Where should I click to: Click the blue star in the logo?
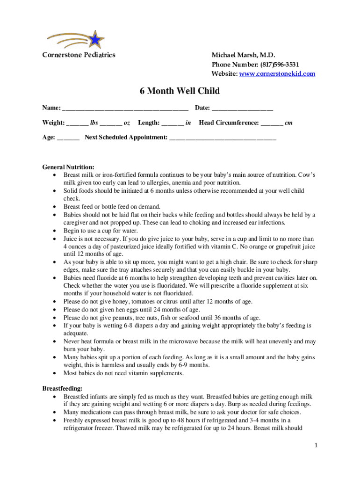pos(95,40)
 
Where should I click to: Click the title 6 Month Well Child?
pos(180,91)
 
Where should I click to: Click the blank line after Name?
pos(125,109)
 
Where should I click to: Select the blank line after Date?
pos(242,109)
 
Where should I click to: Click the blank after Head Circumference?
pos(272,123)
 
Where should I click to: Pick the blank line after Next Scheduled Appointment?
pos(223,138)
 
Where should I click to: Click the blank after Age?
pos(68,138)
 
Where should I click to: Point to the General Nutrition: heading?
pos(68,167)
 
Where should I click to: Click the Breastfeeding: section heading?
pos(63,388)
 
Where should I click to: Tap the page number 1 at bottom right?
pos(316,446)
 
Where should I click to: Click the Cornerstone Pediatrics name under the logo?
pos(79,55)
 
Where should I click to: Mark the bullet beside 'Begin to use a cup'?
pos(55,231)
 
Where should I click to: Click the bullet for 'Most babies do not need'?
pos(55,373)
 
